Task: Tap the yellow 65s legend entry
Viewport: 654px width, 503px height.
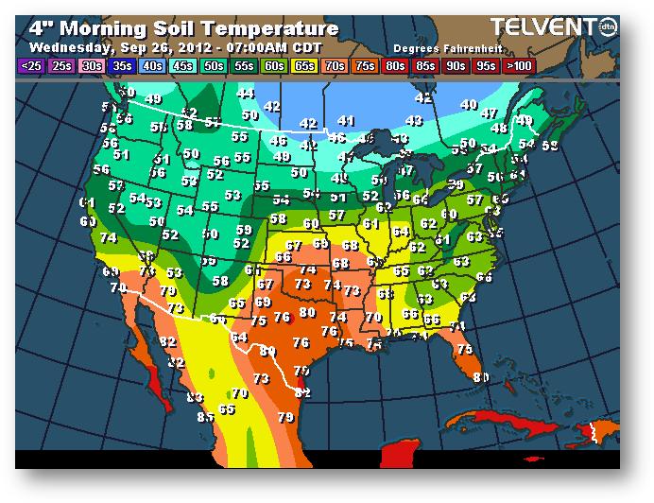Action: pos(305,66)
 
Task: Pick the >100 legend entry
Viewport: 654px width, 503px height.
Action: pos(517,66)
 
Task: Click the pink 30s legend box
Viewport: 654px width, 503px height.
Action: pos(92,66)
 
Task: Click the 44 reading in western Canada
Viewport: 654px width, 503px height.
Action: pos(246,94)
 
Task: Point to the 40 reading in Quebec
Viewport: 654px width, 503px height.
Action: pos(468,105)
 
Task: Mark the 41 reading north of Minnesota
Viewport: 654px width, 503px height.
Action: pos(346,121)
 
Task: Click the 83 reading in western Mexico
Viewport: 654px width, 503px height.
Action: pos(195,397)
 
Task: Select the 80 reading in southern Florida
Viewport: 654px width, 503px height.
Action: pos(481,378)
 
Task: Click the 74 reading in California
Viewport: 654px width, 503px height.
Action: pos(109,238)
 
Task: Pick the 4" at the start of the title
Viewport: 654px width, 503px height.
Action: pos(41,27)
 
